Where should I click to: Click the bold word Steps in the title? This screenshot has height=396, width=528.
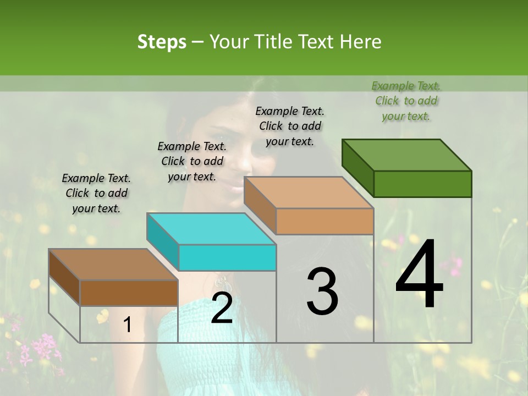(x=162, y=42)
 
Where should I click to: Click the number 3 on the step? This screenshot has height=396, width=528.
(x=322, y=291)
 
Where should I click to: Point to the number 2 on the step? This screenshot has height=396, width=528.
(x=222, y=309)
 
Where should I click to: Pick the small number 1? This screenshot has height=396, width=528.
(x=128, y=325)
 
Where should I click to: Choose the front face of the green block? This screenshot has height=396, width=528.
(x=422, y=184)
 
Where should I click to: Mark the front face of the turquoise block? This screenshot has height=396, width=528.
(x=227, y=257)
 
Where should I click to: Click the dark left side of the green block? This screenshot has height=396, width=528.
(x=358, y=166)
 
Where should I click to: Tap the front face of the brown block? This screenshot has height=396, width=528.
(x=129, y=293)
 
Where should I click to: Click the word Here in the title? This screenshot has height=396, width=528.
(x=361, y=42)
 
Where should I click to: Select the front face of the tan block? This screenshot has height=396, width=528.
(x=324, y=221)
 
